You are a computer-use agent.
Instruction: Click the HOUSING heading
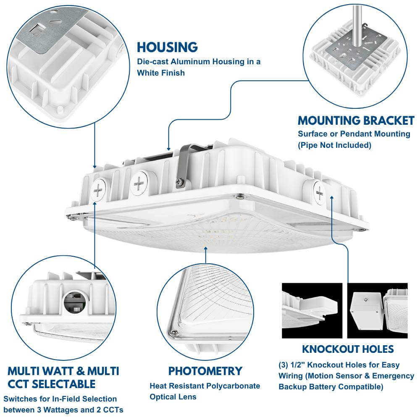(167, 47)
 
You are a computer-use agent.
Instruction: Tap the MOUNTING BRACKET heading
(356, 121)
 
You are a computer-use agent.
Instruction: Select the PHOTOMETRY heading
(205, 371)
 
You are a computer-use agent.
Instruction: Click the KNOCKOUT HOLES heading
(348, 349)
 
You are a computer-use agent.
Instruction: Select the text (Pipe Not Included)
(335, 145)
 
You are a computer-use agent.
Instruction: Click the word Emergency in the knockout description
(378, 376)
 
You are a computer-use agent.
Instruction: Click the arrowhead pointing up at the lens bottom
(206, 249)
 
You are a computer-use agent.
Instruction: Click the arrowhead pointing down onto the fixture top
(168, 148)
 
